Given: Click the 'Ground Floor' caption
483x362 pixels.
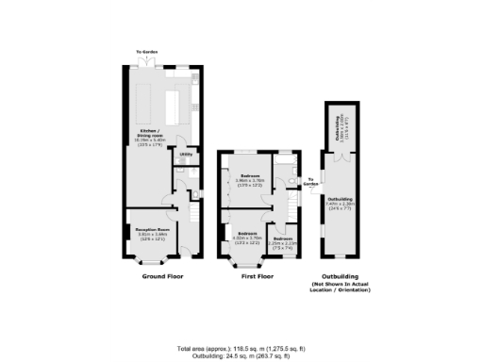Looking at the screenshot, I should [162, 277].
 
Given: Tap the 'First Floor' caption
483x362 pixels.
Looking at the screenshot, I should [258, 277].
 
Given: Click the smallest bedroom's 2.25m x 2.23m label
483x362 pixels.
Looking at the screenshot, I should [282, 241].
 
